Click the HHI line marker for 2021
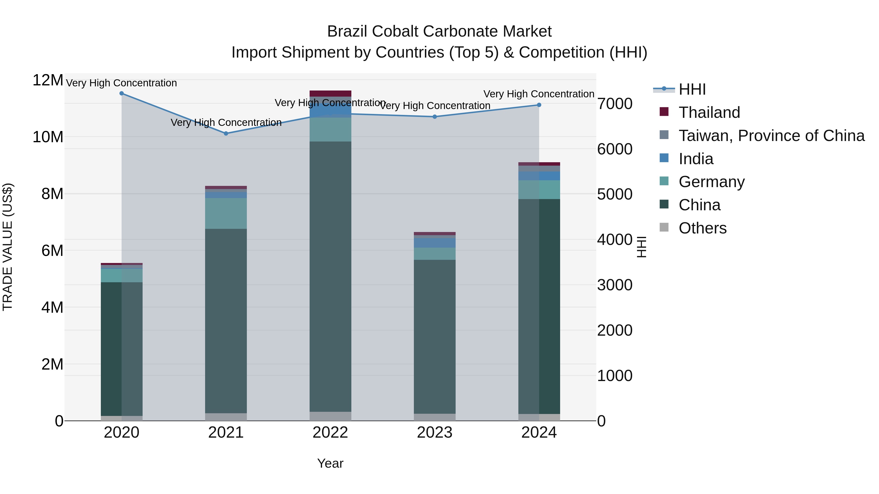point(226,133)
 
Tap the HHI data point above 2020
point(122,93)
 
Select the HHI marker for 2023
point(434,117)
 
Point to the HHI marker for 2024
point(539,105)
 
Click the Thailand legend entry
point(709,112)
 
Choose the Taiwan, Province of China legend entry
point(771,135)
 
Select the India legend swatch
point(664,158)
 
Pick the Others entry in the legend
point(702,228)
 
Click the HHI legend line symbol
point(664,89)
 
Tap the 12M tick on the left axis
point(48,81)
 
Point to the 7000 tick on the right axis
point(615,104)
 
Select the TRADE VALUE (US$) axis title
point(8,247)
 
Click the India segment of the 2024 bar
point(539,176)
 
